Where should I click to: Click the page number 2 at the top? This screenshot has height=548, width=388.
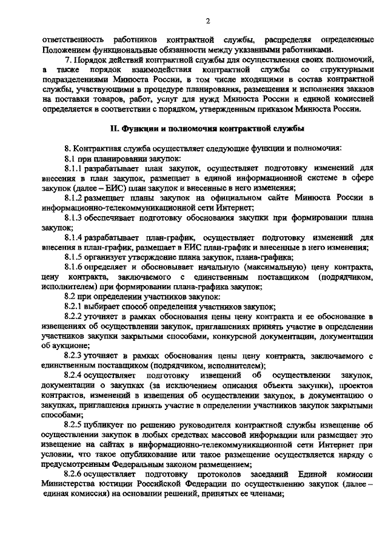click(207, 22)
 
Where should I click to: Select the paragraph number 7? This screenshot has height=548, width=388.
click(68, 61)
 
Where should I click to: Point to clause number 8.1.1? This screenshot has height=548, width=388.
click(73, 169)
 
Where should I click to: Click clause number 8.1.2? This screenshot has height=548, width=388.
click(73, 198)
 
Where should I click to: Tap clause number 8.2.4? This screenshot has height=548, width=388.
click(73, 376)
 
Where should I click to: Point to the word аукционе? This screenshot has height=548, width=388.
click(64, 345)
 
